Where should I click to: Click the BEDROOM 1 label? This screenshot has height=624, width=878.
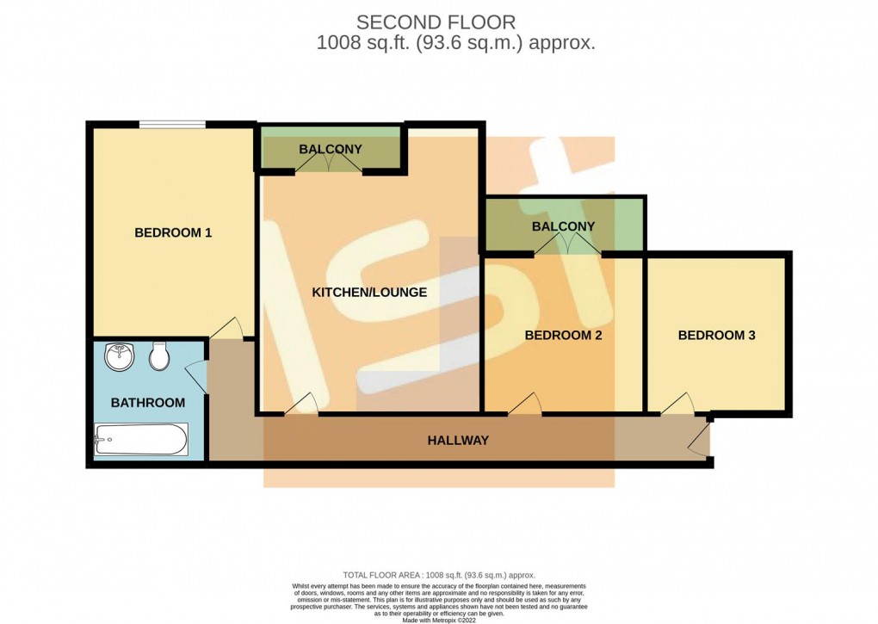coord(173,232)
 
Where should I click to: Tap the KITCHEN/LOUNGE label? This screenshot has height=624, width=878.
coord(368,293)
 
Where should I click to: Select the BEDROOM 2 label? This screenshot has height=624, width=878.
coord(563,336)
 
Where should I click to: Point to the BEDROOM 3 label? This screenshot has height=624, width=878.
coord(716,336)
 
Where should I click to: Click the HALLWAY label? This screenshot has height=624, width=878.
coord(458,441)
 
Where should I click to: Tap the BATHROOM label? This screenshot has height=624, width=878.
coord(147,403)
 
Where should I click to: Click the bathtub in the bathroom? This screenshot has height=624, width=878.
coord(140,440)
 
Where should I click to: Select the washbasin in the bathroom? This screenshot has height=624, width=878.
coord(118,355)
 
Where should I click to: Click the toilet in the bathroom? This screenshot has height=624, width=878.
coord(158,355)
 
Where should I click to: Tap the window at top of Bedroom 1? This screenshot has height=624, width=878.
coord(172,126)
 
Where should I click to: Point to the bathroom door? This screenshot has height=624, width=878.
coord(197,375)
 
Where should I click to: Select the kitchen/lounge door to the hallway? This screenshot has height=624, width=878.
coord(300,405)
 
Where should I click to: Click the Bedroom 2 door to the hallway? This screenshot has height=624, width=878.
coord(524,405)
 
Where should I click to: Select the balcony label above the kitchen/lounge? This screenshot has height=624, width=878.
coord(331,150)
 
